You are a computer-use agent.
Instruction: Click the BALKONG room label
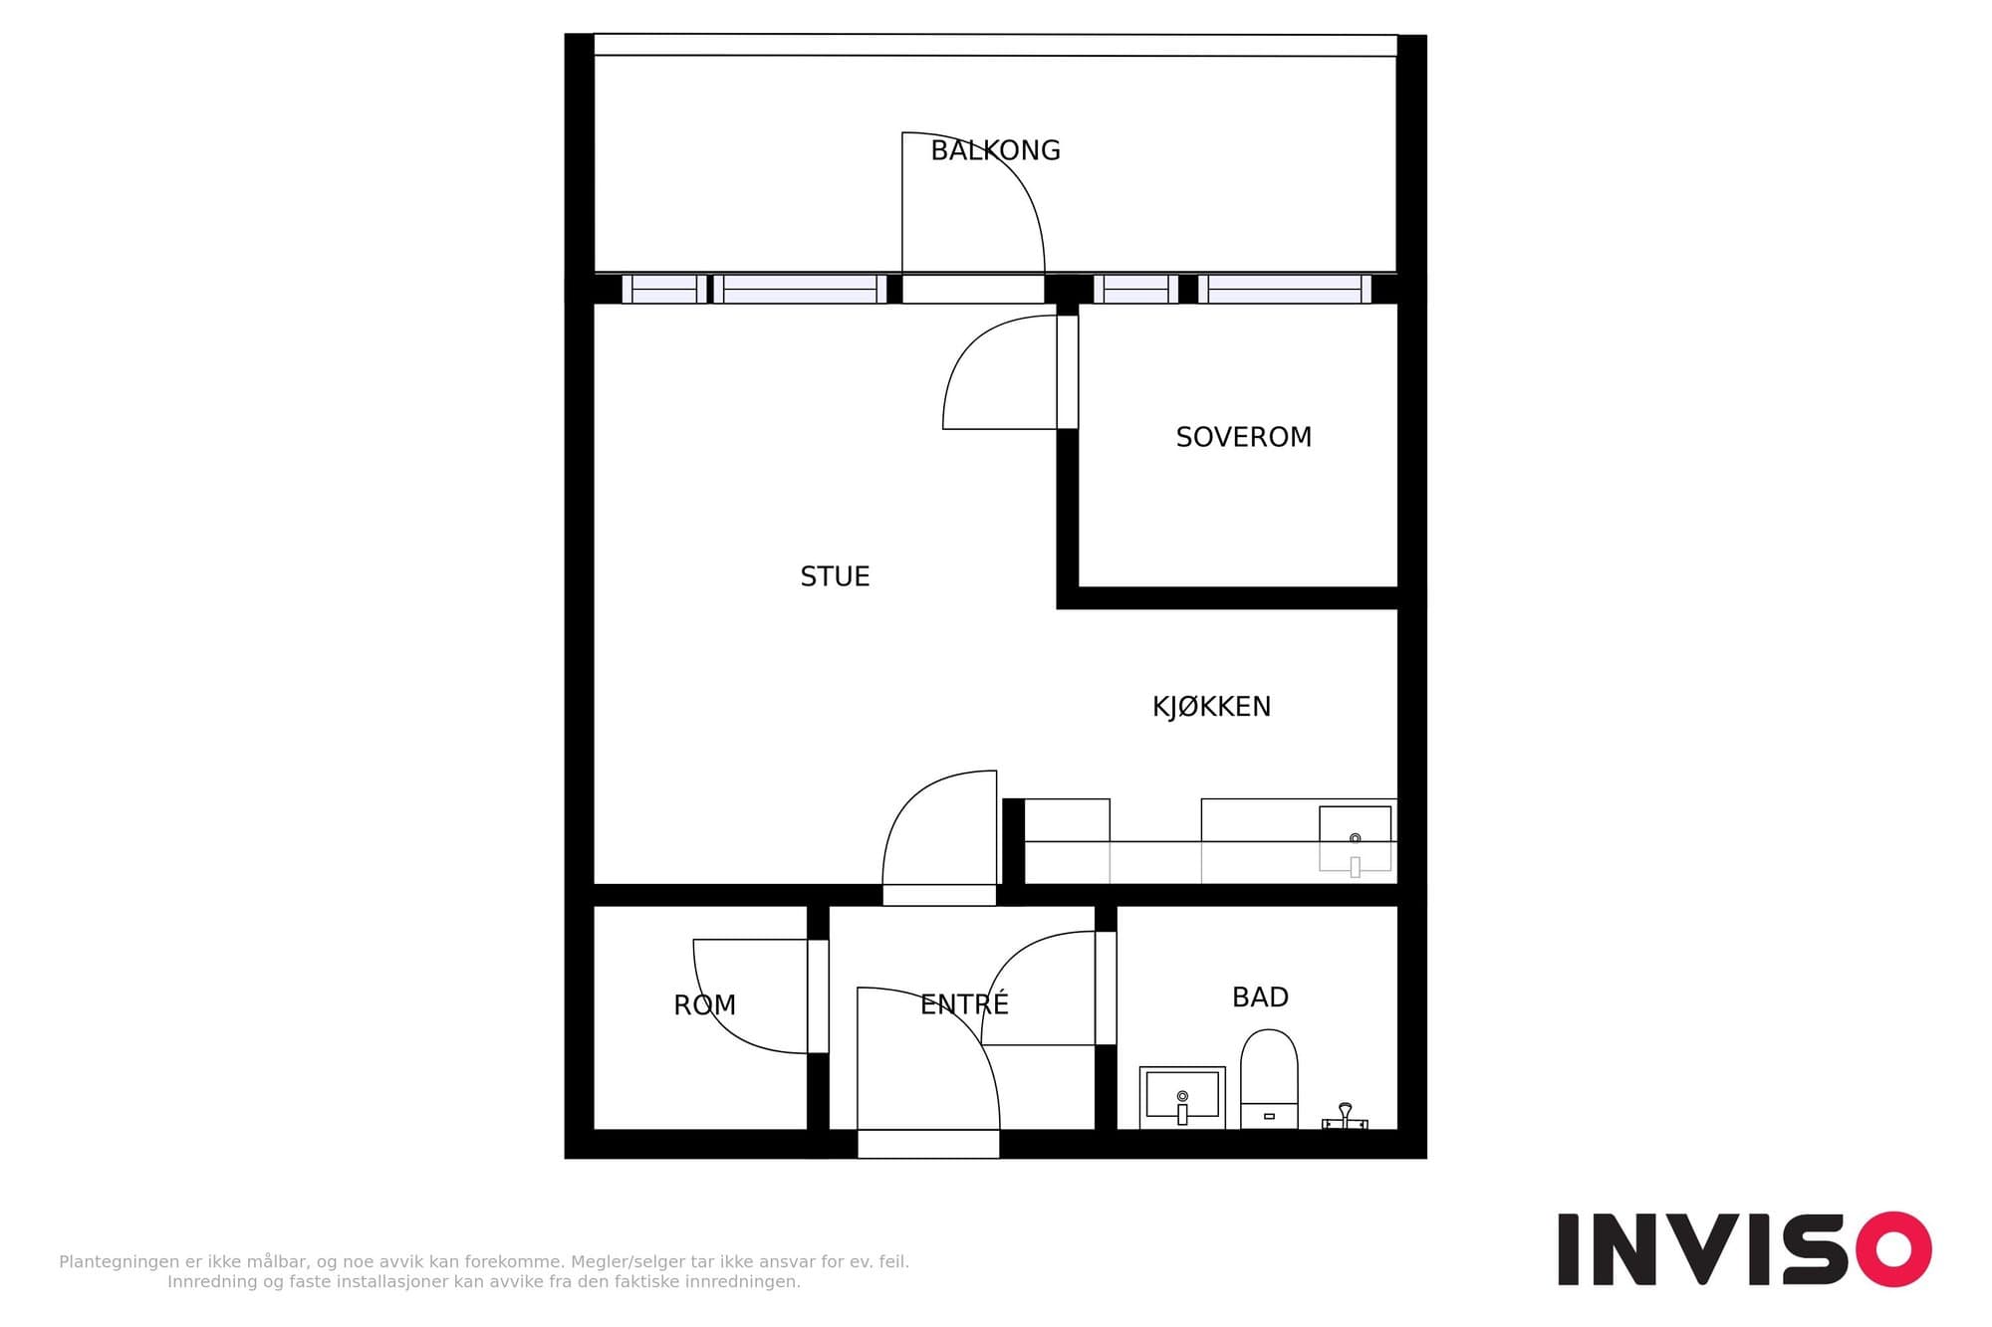click(995, 150)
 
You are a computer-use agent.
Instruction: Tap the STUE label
click(835, 576)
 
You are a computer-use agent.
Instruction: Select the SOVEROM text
click(1243, 437)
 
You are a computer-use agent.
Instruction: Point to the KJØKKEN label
click(1211, 707)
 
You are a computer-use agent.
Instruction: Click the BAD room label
click(1260, 997)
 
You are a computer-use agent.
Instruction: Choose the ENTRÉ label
click(964, 1003)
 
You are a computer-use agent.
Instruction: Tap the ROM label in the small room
click(704, 1005)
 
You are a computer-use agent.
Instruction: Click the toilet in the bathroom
click(1269, 1079)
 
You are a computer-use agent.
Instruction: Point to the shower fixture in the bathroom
click(1345, 1116)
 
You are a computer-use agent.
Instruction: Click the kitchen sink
click(1355, 839)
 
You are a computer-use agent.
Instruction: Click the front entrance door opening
click(928, 1144)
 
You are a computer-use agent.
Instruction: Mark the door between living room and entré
click(939, 895)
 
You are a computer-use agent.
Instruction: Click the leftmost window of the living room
click(664, 289)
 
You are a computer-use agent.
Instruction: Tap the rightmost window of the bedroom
click(1285, 289)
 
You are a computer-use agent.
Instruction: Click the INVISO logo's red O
click(1892, 1248)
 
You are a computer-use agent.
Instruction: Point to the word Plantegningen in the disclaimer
click(120, 1262)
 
